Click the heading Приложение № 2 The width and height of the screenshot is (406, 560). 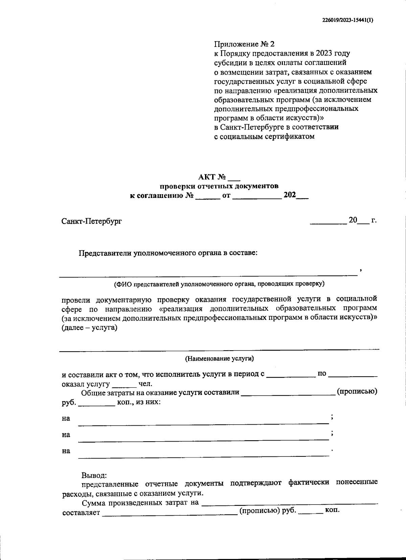point(245,44)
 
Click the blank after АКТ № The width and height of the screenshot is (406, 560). point(234,178)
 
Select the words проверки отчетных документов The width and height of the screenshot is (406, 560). point(219,186)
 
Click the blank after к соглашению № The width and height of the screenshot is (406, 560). point(208,197)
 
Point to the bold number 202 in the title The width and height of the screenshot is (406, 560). point(290,195)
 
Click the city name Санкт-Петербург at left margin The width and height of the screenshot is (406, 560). point(92,221)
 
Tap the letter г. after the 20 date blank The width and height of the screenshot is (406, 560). point(374,220)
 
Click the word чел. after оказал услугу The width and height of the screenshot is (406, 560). point(145,384)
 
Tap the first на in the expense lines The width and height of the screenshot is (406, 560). point(66,419)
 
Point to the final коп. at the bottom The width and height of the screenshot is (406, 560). point(332,510)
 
